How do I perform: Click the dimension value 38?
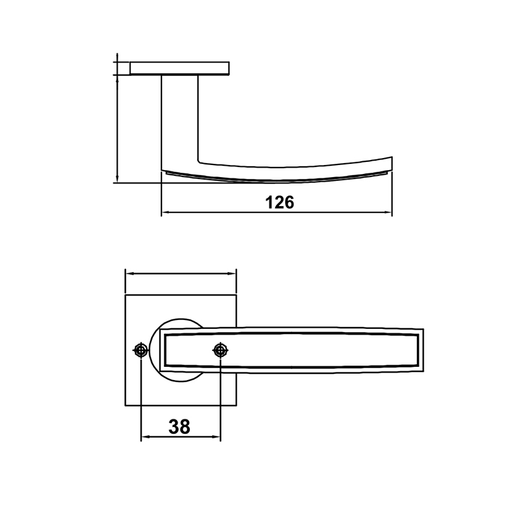point(180,427)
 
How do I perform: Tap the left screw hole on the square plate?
point(141,350)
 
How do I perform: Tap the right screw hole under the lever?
point(220,350)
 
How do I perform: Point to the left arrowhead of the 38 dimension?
point(144,438)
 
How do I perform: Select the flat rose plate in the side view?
point(179,68)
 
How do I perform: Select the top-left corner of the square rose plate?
point(126,295)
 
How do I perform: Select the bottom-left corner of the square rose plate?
point(126,405)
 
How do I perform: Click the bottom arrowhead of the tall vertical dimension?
point(118,180)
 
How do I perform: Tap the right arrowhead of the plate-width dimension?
point(233,274)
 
